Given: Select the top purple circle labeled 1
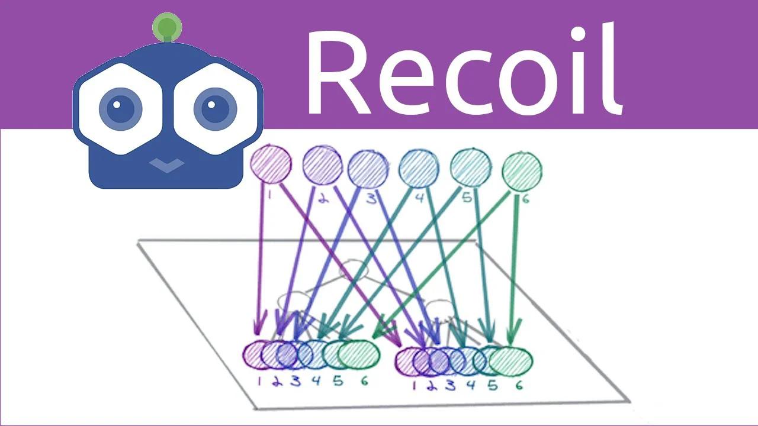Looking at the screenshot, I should click(x=271, y=164).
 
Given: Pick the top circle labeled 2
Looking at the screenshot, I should click(x=322, y=164).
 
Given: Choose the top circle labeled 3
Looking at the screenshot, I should click(x=368, y=169).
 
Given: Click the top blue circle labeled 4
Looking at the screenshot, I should click(x=419, y=169).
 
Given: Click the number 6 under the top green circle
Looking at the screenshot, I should click(x=525, y=199).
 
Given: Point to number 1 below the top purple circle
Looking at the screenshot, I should click(x=269, y=193).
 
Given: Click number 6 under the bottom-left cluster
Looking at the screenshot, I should click(x=364, y=382).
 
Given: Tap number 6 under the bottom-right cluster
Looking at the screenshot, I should click(x=519, y=386).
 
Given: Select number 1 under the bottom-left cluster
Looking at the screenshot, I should click(x=258, y=382).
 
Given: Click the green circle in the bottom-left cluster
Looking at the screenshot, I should click(x=359, y=354).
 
